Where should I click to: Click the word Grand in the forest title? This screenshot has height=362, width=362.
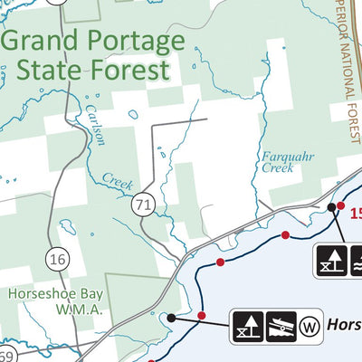coord(43,42)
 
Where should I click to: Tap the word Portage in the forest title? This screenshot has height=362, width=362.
coord(136,42)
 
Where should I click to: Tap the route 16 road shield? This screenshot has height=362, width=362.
coord(58,260)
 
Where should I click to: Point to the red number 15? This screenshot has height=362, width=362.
coord(355,213)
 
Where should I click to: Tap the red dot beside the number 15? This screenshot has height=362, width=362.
coord(340,206)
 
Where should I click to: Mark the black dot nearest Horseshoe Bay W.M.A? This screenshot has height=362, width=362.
coord(171,318)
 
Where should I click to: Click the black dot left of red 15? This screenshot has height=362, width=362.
coord(331,208)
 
